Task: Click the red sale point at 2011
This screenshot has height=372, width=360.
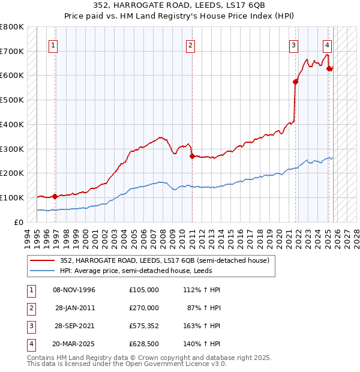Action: pyautogui.click(x=192, y=156)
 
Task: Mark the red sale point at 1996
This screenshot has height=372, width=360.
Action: pyautogui.click(x=55, y=196)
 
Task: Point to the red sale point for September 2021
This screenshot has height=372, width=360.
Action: pyautogui.click(x=296, y=82)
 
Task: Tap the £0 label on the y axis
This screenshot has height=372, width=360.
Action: pyautogui.click(x=18, y=222)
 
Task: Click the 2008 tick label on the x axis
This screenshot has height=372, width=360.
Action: pyautogui.click(x=164, y=236)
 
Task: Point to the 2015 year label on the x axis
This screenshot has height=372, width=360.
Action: pyautogui.click(x=231, y=236)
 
